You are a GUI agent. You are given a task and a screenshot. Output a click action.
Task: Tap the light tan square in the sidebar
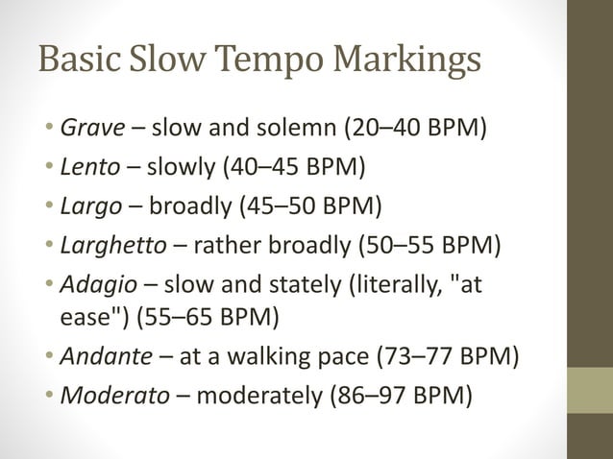coord(589,391)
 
